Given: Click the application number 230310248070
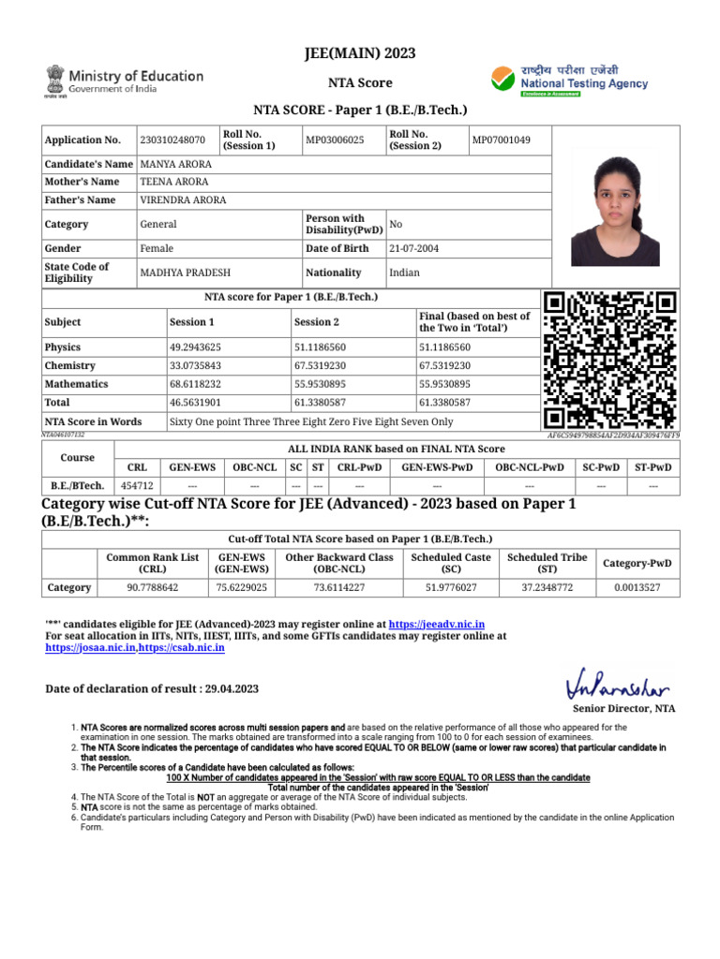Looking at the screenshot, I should click(172, 140).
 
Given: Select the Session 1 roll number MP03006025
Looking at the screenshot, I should click(335, 140).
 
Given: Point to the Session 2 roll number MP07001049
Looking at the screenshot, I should click(501, 140).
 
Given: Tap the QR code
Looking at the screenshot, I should click(610, 361).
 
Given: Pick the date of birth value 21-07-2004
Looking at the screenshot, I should click(413, 248).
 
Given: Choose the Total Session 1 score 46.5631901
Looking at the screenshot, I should click(195, 403).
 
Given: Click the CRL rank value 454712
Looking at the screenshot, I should click(137, 485).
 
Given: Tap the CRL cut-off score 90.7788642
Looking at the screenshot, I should click(152, 587).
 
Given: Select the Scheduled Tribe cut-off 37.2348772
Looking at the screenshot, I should click(547, 587).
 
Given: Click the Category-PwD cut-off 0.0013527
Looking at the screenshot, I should click(637, 587).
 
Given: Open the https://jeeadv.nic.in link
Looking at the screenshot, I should click(436, 624).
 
